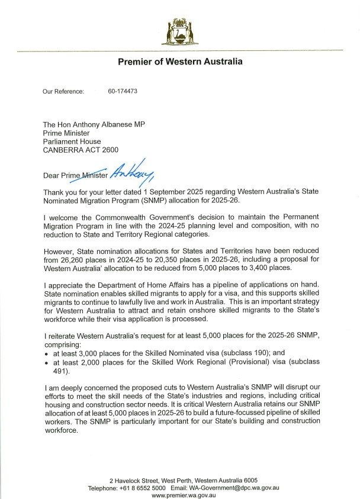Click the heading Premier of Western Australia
click(x=180, y=62)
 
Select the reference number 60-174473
click(x=123, y=92)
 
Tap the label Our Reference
click(x=63, y=92)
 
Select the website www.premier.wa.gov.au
click(x=179, y=495)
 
